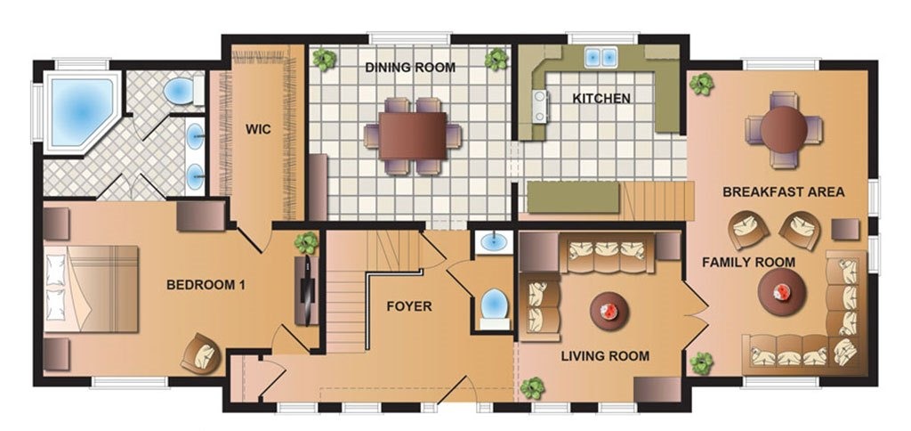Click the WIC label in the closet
(x=258, y=129)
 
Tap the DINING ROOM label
(x=410, y=68)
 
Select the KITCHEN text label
(x=601, y=98)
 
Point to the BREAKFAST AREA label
(x=783, y=191)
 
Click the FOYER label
(x=409, y=306)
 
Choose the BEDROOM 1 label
(x=206, y=285)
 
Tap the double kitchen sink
(x=601, y=56)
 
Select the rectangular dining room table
(x=413, y=135)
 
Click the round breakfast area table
(x=784, y=129)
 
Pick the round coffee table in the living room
(x=609, y=311)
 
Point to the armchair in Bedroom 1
(x=200, y=354)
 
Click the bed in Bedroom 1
(x=91, y=289)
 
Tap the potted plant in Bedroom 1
(x=306, y=242)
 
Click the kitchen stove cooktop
(x=540, y=107)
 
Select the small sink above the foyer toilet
(x=493, y=242)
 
